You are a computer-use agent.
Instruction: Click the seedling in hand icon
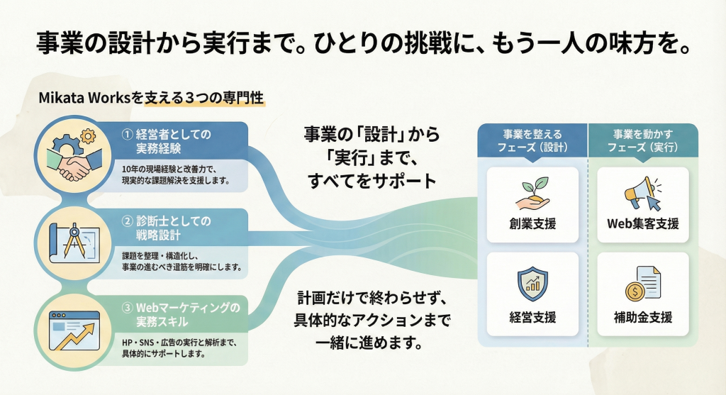[532, 192]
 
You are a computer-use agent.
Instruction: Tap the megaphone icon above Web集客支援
[642, 192]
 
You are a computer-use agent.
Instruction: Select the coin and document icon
[642, 283]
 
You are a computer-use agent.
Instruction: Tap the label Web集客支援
[643, 224]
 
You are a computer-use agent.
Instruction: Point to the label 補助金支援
[643, 316]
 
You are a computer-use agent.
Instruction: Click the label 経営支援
[532, 316]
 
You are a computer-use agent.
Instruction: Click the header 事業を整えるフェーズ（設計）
[532, 140]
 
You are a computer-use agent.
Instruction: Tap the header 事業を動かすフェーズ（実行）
[643, 140]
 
